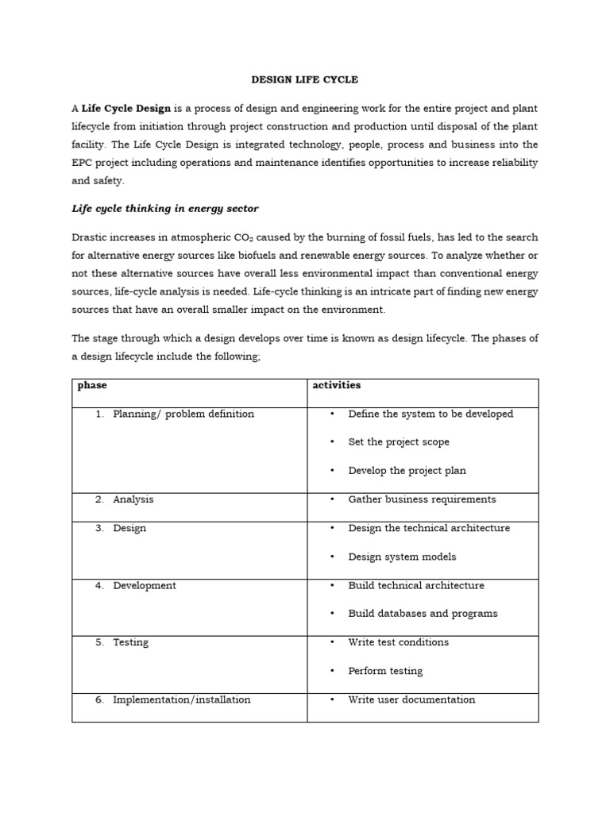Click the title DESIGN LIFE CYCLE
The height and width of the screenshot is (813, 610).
click(x=305, y=79)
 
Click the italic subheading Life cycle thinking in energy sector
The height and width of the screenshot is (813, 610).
click(x=165, y=209)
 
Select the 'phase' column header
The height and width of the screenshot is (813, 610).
click(x=92, y=386)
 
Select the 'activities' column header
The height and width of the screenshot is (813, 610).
click(x=337, y=385)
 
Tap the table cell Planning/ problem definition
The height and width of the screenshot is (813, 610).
click(x=183, y=414)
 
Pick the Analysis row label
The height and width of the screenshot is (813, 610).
click(x=133, y=499)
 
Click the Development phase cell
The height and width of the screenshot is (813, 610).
click(x=145, y=585)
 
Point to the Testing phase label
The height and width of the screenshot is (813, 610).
click(x=130, y=642)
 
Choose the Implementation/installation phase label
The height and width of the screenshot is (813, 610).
click(x=181, y=699)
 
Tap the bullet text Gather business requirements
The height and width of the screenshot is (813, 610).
click(x=422, y=499)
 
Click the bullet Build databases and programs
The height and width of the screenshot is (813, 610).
click(x=423, y=614)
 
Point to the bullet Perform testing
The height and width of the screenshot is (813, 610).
click(x=385, y=671)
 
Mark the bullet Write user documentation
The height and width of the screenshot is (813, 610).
click(x=411, y=699)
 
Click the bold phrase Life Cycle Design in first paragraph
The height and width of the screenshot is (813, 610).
click(x=126, y=108)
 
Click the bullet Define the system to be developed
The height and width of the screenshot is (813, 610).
click(x=430, y=414)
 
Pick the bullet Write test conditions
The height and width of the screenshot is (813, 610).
click(x=398, y=642)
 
